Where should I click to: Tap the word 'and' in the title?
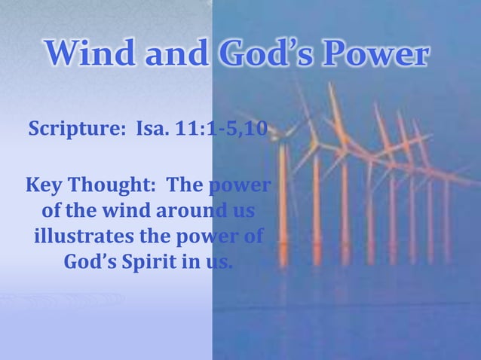[x=173, y=54]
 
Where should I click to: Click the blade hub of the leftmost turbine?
[x=282, y=136]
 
